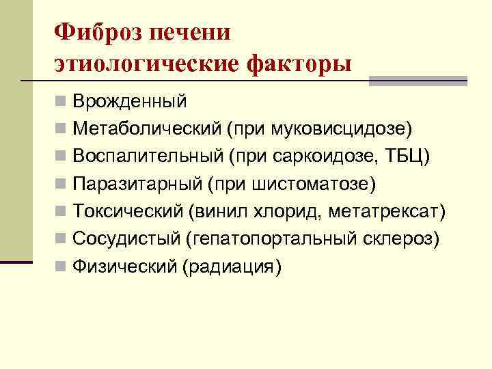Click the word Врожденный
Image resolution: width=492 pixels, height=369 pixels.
point(130,102)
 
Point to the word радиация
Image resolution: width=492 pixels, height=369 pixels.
point(230,266)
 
